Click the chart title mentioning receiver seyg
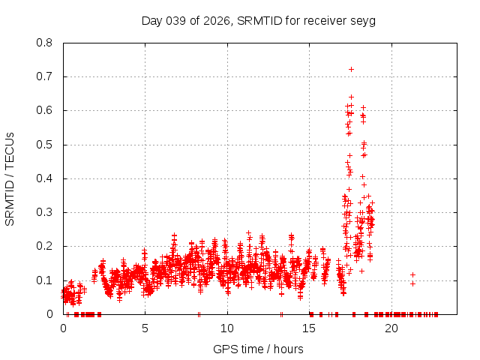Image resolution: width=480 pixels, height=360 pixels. (x=258, y=20)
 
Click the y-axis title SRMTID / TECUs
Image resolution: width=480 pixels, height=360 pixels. (x=10, y=178)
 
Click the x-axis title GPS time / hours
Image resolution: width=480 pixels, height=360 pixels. (x=258, y=349)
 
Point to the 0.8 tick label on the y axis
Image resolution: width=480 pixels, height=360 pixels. (x=45, y=43)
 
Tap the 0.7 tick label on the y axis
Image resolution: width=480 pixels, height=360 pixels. (x=45, y=76)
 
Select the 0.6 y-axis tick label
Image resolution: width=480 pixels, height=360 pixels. (x=45, y=110)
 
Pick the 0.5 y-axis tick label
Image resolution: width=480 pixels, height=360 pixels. (x=45, y=144)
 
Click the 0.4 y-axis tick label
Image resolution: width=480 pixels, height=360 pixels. (x=45, y=178)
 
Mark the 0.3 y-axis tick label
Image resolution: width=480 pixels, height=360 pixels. (x=45, y=212)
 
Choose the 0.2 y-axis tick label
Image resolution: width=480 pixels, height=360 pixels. (x=45, y=246)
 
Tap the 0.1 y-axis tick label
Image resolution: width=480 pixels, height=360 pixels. (x=45, y=280)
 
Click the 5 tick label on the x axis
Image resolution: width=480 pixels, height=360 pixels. (x=145, y=328)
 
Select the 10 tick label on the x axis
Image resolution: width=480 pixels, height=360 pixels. (x=227, y=328)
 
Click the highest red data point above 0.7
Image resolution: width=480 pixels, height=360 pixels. (x=351, y=69)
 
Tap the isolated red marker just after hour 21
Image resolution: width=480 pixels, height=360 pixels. (x=412, y=274)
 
